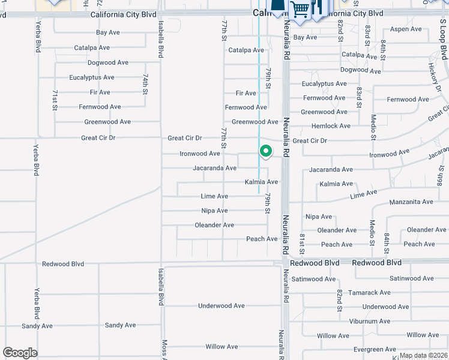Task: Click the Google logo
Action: tap(20, 353)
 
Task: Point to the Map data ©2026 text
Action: tap(424, 355)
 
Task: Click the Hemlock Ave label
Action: tap(331, 126)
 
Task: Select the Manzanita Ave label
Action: tap(411, 202)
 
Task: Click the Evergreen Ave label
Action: tap(375, 349)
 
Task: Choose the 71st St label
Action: tap(55, 99)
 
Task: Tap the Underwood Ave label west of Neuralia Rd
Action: tap(221, 306)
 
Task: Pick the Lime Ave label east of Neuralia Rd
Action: tap(363, 194)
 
